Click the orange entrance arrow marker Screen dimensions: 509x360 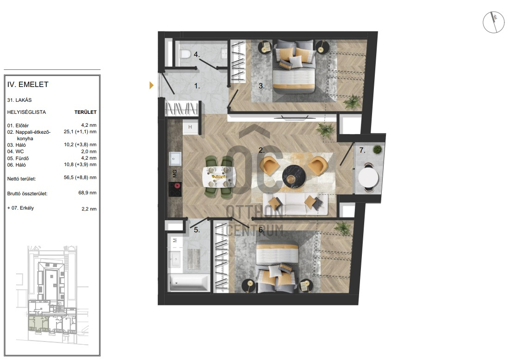[x=151, y=86]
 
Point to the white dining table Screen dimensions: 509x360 [x=218, y=177]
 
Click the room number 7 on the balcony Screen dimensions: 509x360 [x=362, y=150]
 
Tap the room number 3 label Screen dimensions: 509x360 [x=261, y=86]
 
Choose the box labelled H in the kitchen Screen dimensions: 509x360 [x=190, y=127]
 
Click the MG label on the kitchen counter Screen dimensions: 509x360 [x=175, y=174]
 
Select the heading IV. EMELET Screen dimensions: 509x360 [x=28, y=84]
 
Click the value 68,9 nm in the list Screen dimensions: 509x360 [x=87, y=192]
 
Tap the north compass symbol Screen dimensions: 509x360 [x=493, y=22]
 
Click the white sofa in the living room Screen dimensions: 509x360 [x=295, y=205]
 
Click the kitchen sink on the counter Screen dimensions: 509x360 [x=175, y=159]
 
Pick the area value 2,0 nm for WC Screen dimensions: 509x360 [x=89, y=151]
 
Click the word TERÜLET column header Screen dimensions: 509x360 [x=86, y=112]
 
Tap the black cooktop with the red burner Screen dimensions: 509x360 [x=175, y=189]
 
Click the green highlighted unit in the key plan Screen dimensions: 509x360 [x=38, y=322]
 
